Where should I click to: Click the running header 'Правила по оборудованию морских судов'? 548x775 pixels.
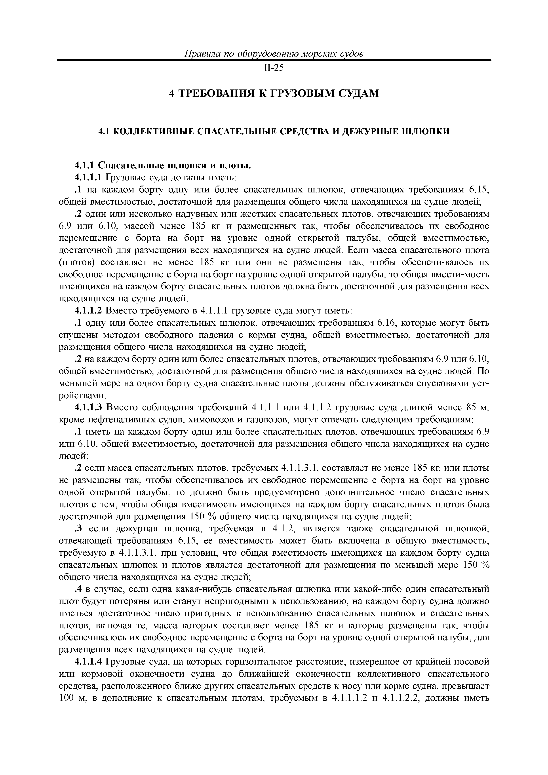coord(274,54)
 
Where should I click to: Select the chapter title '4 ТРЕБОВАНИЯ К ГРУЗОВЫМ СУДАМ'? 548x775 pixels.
coord(274,93)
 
